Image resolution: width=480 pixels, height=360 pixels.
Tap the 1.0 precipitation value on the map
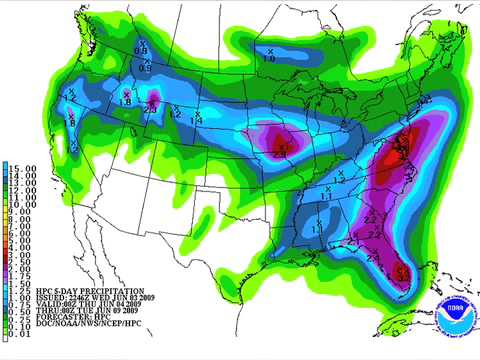[x=268, y=59]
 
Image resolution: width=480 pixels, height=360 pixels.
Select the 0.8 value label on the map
[x=141, y=50]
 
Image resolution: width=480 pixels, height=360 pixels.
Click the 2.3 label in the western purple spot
[x=153, y=102]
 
